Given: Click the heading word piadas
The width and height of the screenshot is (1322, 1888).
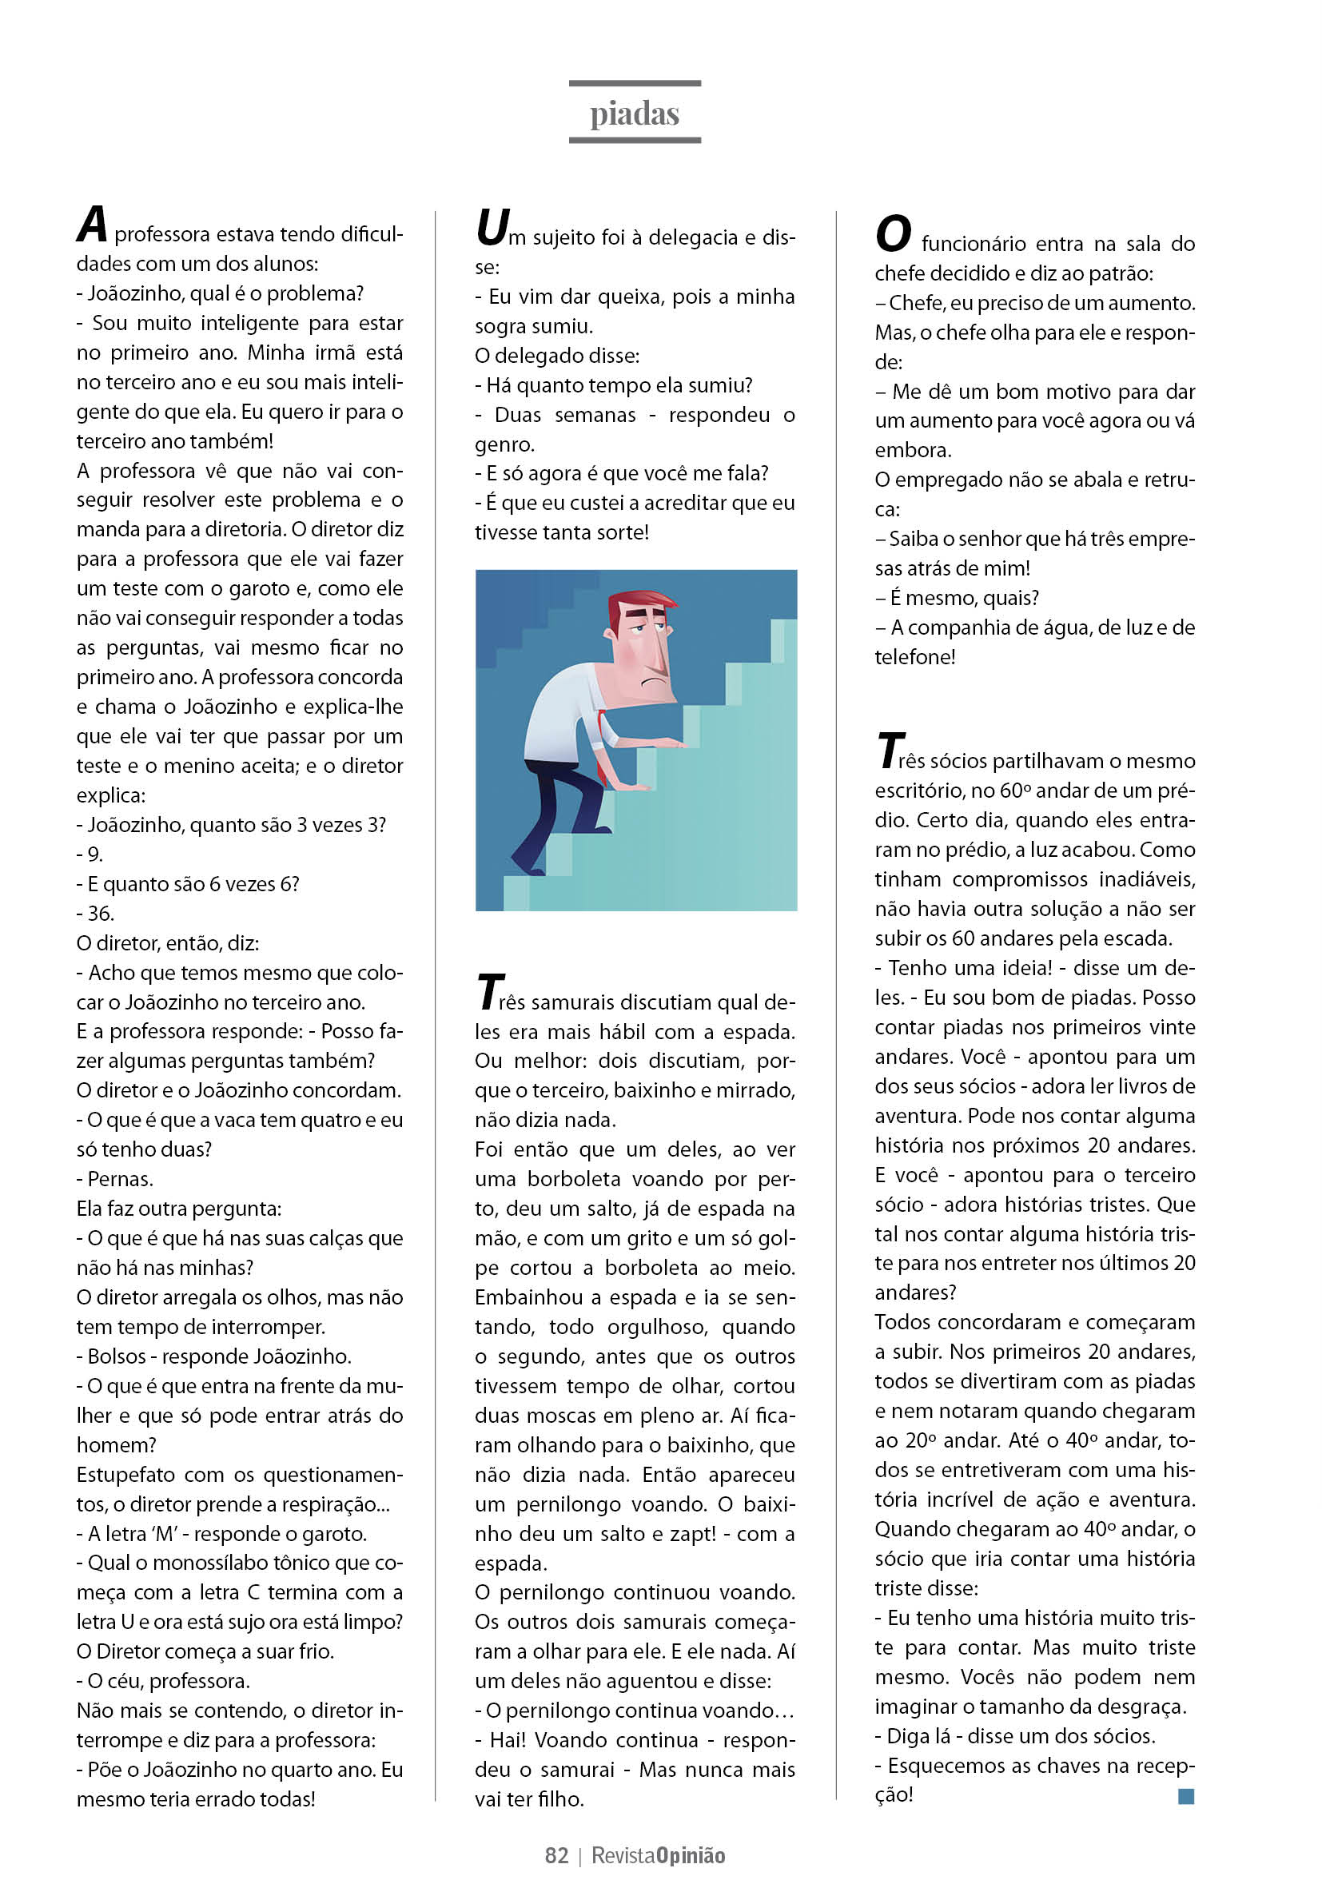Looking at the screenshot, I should (634, 114).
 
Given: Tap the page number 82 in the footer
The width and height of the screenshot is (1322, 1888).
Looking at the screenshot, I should (555, 1855).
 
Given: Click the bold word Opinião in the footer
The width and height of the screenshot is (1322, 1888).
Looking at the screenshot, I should (691, 1855).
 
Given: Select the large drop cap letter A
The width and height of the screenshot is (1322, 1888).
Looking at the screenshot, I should (92, 225).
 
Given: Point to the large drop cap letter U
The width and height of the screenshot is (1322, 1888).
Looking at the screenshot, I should (492, 227).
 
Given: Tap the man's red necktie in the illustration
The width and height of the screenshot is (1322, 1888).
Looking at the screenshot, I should (603, 740).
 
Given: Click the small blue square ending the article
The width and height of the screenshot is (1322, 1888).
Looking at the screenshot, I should (1185, 1795).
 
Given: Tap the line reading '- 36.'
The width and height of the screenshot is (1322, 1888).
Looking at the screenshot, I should (95, 914).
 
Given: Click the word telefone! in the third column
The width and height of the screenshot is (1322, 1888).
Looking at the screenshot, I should (914, 657).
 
